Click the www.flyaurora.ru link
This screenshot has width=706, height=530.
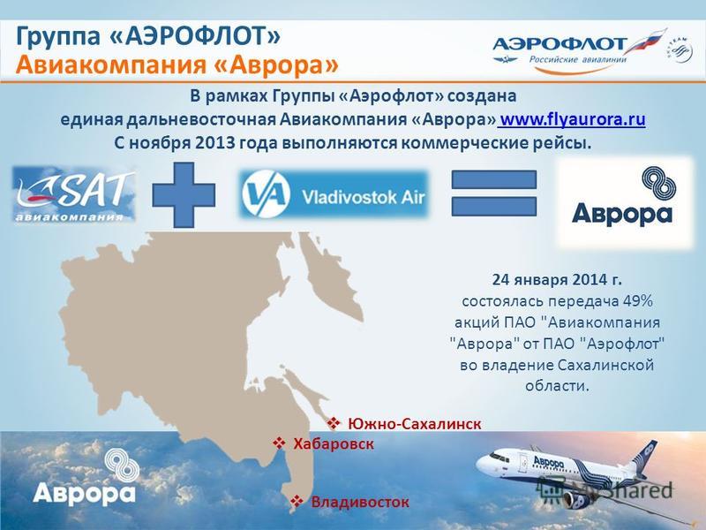point(573,119)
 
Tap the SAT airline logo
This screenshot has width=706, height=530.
point(74,194)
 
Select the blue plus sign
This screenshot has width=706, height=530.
point(184,194)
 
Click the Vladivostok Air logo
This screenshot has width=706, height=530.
point(334,194)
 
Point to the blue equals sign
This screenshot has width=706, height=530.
point(494,193)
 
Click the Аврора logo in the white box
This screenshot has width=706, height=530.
point(626,202)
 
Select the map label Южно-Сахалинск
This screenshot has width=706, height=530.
point(414,424)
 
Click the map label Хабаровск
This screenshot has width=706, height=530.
point(334,444)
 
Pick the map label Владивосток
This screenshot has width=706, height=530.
point(360,502)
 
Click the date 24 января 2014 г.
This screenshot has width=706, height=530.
point(557,279)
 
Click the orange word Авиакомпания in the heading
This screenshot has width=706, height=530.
point(109,64)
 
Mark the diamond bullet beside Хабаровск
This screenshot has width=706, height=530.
point(279,443)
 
